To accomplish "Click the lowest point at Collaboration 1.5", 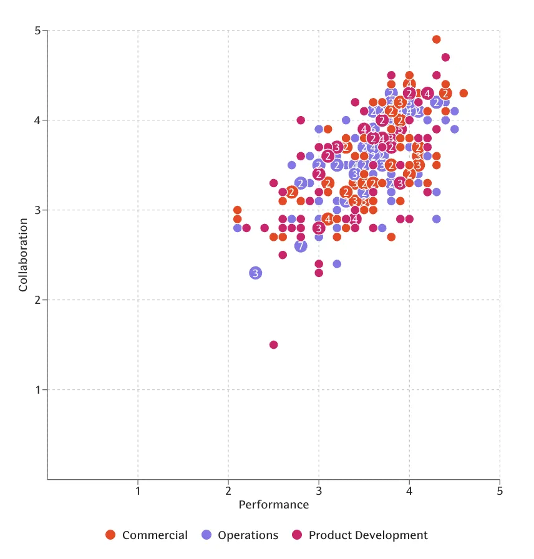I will [x=273, y=344].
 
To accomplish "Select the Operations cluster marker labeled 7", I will [x=301, y=246].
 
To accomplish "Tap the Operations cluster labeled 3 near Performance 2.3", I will [x=255, y=273].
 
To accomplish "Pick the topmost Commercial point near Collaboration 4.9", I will [x=436, y=39].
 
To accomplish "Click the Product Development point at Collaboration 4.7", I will [x=445, y=57].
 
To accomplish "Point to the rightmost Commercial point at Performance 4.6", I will [x=464, y=93].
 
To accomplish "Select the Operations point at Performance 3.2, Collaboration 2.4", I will [x=337, y=264].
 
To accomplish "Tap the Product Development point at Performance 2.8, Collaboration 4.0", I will [x=301, y=120].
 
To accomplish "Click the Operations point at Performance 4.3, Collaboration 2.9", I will [x=436, y=219].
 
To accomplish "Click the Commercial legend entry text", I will [x=155, y=535].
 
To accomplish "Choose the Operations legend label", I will [x=248, y=535].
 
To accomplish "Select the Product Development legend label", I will [x=368, y=535].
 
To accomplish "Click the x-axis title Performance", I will [x=273, y=505].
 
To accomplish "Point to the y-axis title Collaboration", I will [x=23, y=255].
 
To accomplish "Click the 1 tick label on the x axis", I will [x=138, y=491].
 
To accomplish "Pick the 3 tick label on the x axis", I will [x=319, y=491].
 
